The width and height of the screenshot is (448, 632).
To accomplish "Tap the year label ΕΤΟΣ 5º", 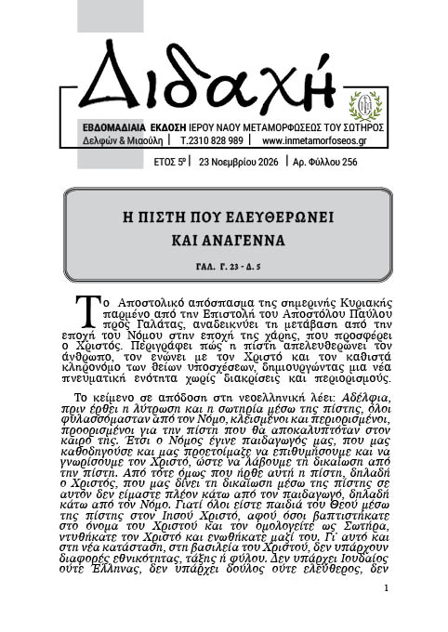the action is point(170,161).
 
